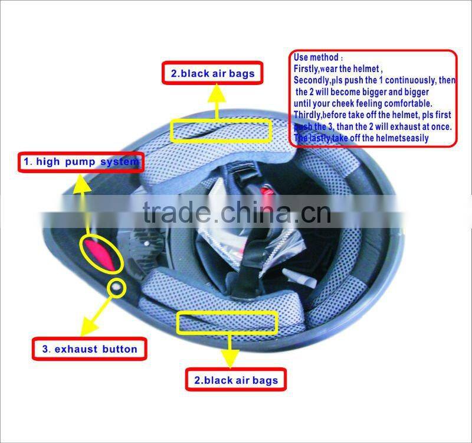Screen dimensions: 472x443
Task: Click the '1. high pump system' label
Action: click(81, 162)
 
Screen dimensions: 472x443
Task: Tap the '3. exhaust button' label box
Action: click(90, 349)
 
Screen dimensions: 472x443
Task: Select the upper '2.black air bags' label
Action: click(213, 73)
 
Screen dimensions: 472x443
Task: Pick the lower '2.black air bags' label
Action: click(236, 380)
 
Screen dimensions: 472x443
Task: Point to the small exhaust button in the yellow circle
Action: click(116, 288)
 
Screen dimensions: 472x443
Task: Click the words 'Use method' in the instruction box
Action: click(316, 57)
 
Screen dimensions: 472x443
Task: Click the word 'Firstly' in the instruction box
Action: click(306, 69)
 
